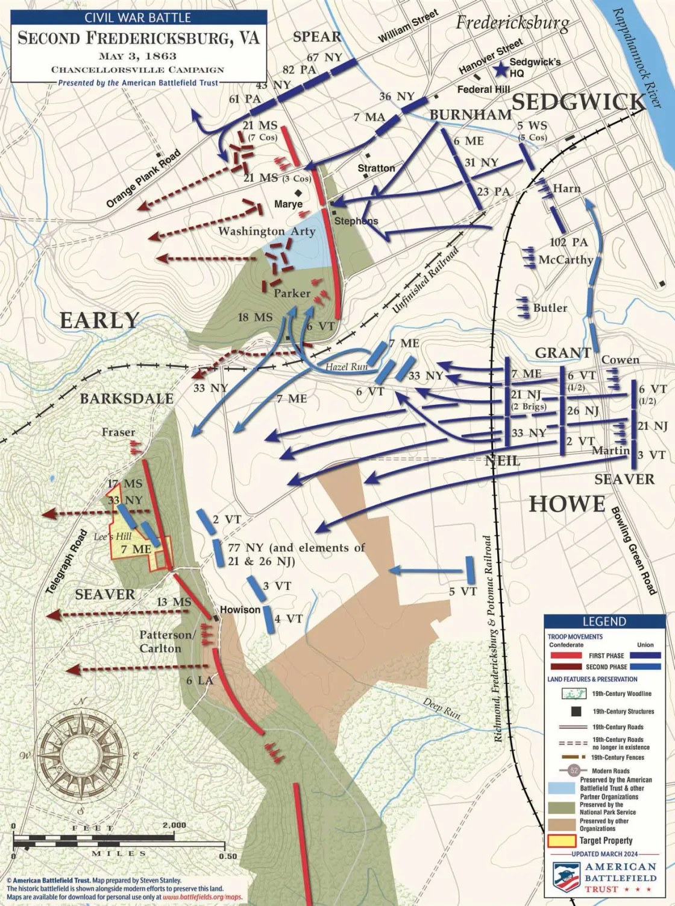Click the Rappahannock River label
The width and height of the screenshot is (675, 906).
pyautogui.click(x=636, y=57)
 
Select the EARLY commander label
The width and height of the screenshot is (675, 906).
pyautogui.click(x=99, y=320)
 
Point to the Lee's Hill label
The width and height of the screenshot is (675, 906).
pyautogui.click(x=112, y=536)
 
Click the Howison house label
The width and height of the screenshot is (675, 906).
pyautogui.click(x=240, y=610)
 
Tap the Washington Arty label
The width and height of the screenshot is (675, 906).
pyautogui.click(x=266, y=231)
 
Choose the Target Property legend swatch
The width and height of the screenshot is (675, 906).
pyautogui.click(x=562, y=840)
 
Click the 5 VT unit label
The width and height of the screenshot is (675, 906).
pyautogui.click(x=463, y=592)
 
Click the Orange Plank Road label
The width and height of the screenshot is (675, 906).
pyautogui.click(x=143, y=179)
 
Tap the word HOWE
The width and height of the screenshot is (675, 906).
pyautogui.click(x=567, y=504)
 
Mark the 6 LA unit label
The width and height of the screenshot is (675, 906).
pyautogui.click(x=199, y=680)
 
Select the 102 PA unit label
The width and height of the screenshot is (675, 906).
pyautogui.click(x=568, y=242)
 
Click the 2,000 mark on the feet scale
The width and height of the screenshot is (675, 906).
pyautogui.click(x=174, y=825)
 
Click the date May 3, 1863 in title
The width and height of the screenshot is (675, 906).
pyautogui.click(x=137, y=57)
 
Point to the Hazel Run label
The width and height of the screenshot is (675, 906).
pyautogui.click(x=347, y=366)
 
